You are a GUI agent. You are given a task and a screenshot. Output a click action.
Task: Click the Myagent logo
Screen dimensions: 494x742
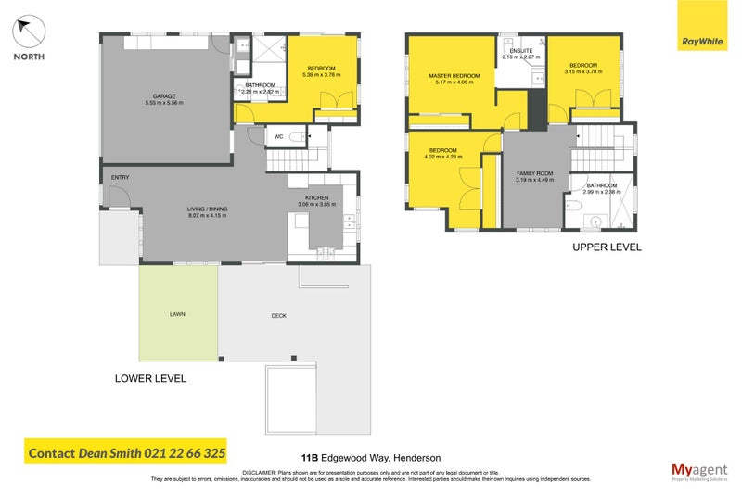(x=697, y=470)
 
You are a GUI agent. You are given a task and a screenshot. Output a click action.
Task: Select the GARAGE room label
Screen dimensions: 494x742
(x=165, y=95)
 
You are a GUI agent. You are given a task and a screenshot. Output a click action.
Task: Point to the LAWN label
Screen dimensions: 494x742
(x=177, y=315)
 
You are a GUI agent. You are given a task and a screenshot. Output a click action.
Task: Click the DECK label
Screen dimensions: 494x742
(x=278, y=316)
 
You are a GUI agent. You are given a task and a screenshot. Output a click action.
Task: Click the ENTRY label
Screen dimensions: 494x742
(x=120, y=178)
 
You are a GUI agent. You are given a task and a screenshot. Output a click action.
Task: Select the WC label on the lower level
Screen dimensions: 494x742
(x=278, y=137)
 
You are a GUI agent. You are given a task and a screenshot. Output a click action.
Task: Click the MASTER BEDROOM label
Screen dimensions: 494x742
(x=454, y=75)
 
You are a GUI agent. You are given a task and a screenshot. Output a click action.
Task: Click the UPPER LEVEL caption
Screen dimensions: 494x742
(x=607, y=247)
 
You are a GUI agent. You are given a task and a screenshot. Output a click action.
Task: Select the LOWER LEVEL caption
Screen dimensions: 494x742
(x=150, y=378)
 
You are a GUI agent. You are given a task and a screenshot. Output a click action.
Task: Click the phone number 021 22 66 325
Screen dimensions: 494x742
(x=185, y=453)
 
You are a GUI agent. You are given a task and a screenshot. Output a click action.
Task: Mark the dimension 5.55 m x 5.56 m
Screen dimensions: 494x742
(x=165, y=102)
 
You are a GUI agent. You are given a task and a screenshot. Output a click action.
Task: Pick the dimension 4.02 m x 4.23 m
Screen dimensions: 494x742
(x=443, y=157)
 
